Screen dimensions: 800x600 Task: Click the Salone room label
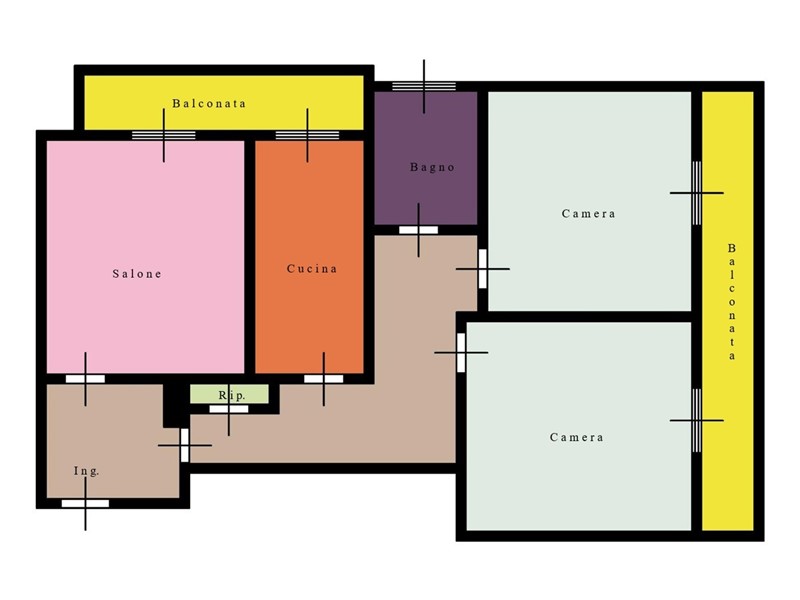[137, 274]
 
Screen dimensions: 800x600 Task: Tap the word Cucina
[312, 269]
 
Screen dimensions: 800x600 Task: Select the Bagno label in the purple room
[432, 167]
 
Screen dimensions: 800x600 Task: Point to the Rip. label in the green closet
[232, 395]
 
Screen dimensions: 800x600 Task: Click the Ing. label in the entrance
[86, 471]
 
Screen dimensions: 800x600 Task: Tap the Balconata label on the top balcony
[209, 104]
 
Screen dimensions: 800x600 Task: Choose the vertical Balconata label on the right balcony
[732, 302]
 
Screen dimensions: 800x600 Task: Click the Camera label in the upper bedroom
[588, 214]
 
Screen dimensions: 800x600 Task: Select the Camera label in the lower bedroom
[577, 437]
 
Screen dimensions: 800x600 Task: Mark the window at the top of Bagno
[424, 86]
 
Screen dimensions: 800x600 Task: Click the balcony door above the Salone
[164, 135]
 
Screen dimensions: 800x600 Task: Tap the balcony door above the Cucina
[307, 135]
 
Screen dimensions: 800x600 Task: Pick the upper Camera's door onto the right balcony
[696, 193]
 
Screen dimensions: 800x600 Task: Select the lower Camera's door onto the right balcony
[696, 420]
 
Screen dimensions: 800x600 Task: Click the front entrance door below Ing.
[85, 504]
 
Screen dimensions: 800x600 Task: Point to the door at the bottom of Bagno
[418, 230]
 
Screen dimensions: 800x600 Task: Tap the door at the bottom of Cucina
[323, 379]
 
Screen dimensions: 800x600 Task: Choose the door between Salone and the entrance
[85, 379]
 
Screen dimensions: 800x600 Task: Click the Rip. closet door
[229, 409]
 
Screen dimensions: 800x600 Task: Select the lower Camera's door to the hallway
[461, 353]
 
